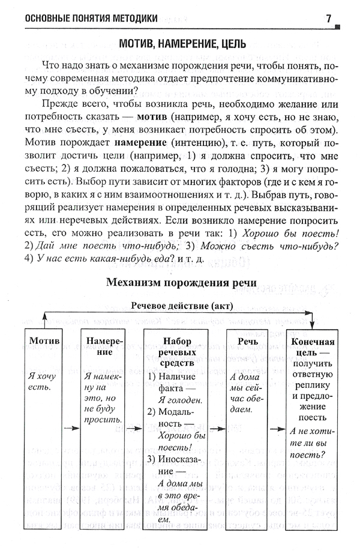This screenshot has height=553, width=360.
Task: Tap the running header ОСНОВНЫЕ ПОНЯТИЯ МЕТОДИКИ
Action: pyautogui.click(x=89, y=19)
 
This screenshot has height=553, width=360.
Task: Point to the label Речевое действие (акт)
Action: pyautogui.click(x=181, y=306)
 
